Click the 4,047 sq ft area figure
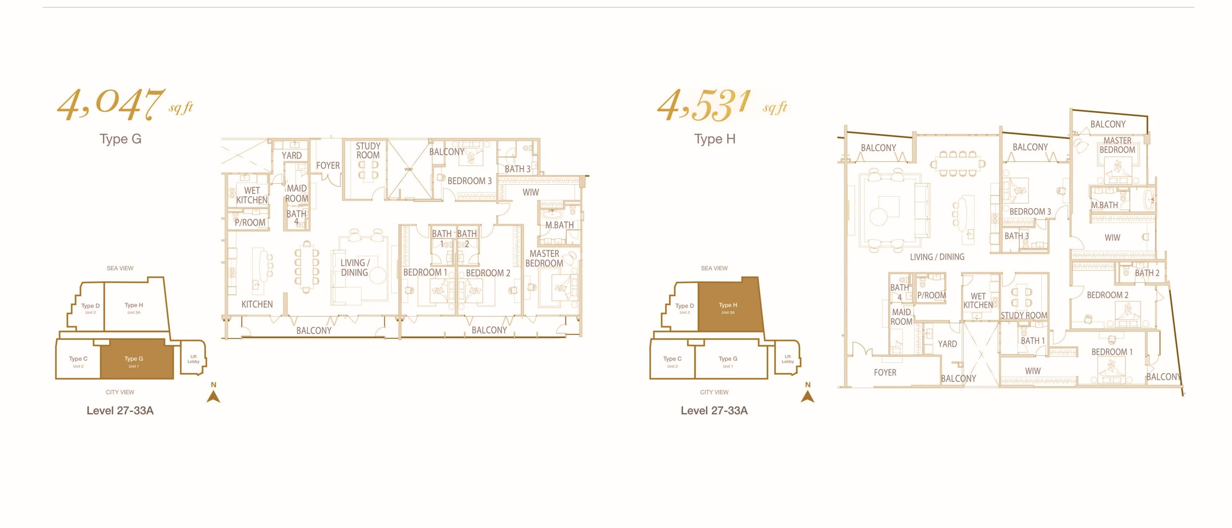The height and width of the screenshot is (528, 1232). point(125,104)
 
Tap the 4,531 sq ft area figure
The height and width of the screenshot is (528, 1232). point(722,105)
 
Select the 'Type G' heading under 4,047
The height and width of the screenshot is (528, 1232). point(120,139)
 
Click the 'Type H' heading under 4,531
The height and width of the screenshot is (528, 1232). point(715,139)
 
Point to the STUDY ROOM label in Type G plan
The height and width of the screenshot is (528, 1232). point(368,151)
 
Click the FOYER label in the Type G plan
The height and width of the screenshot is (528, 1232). point(328,165)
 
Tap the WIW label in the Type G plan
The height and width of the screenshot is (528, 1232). point(531,192)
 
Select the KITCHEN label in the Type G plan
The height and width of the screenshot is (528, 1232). point(257,304)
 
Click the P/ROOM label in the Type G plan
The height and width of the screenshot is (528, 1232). point(250,223)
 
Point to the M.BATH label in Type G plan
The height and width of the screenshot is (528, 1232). point(559,225)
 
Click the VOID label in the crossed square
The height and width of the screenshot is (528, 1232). point(409,169)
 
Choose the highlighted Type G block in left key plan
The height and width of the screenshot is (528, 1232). point(137,359)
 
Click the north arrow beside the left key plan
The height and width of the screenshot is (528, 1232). point(214,396)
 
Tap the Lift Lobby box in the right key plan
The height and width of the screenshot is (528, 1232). point(787,357)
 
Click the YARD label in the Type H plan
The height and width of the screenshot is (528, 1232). point(947,344)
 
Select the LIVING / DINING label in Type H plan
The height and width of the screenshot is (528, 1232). point(937,257)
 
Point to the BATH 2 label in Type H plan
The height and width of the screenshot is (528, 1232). point(1147,273)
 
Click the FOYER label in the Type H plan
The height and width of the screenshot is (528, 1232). point(885,373)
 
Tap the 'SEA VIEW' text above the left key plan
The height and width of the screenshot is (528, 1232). point(120,268)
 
